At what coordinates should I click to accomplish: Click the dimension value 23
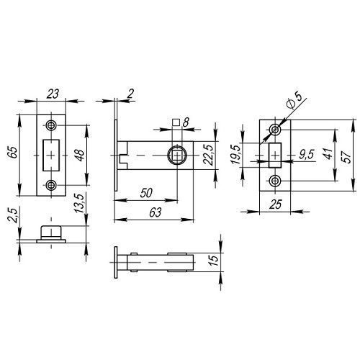click(x=53, y=94)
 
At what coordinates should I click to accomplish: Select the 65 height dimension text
click(x=14, y=152)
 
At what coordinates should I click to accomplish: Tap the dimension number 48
click(x=80, y=156)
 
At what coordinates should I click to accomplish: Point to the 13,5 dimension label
click(x=80, y=203)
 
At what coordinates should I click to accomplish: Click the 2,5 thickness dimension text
click(x=13, y=215)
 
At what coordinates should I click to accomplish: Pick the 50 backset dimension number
click(x=146, y=193)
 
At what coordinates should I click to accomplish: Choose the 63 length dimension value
click(x=156, y=212)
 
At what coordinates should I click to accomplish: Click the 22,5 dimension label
click(x=208, y=155)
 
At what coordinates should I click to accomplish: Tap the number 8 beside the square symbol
click(x=186, y=122)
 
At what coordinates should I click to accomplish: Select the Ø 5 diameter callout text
click(x=294, y=101)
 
